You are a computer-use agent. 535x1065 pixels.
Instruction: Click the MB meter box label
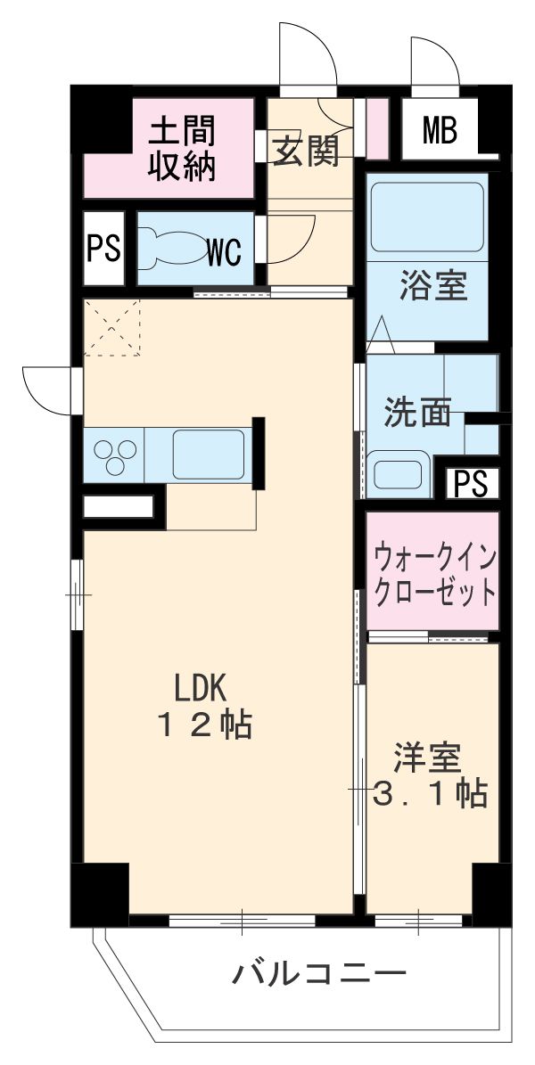[439, 132]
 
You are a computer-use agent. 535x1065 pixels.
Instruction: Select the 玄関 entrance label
[306, 152]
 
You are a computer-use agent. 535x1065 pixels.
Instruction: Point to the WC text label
[225, 252]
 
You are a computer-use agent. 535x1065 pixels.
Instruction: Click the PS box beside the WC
[103, 250]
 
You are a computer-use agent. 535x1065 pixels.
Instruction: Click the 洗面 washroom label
[416, 413]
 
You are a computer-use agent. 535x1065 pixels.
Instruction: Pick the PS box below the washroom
[472, 483]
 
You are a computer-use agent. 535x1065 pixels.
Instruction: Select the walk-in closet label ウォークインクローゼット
[433, 571]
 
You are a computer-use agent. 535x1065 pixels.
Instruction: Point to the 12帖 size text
[205, 726]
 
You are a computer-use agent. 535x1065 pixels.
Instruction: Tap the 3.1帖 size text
[429, 793]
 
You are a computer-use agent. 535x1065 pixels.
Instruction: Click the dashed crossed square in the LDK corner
[112, 327]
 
